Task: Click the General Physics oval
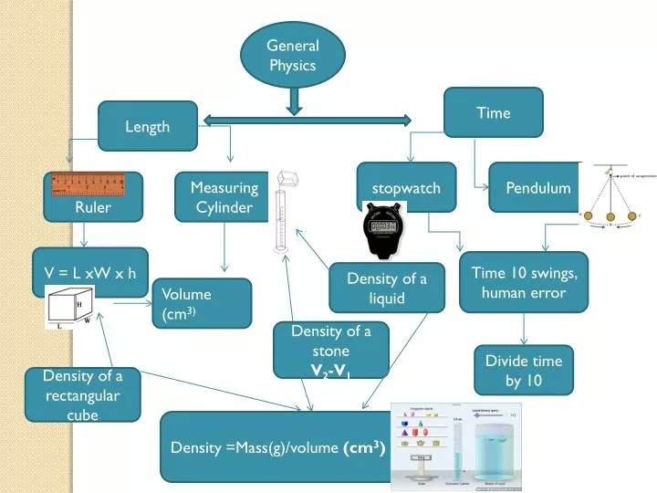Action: point(292,55)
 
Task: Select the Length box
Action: point(147,126)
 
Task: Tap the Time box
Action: point(493,113)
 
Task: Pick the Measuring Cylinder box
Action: point(224,197)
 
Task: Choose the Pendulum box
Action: point(537,188)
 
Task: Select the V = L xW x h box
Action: point(89,272)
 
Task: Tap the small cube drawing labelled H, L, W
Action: point(70,308)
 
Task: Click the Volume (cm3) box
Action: point(201,303)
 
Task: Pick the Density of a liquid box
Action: point(387,288)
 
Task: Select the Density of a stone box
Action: point(330,350)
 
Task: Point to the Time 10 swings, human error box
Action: point(524,282)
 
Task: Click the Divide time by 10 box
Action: point(523,370)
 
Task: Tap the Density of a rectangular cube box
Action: point(82,393)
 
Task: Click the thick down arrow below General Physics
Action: point(293,100)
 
